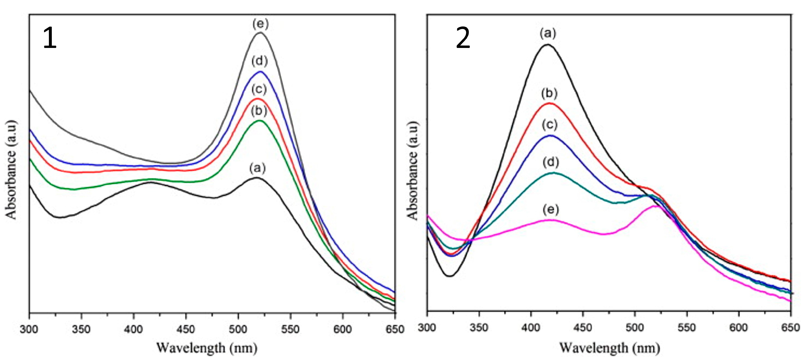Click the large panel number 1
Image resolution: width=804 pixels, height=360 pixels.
tap(50, 38)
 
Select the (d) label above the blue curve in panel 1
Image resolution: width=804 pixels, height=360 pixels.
tap(260, 61)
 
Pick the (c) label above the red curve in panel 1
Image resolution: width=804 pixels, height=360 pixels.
tap(259, 90)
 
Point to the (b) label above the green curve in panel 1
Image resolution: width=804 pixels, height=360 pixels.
tap(259, 111)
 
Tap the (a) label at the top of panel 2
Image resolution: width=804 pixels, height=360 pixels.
tap(548, 33)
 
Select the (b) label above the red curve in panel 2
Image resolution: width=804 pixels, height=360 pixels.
tap(549, 93)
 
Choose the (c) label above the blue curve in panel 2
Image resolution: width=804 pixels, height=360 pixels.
tap(549, 125)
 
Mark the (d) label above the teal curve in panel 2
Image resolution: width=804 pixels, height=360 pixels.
tap(551, 162)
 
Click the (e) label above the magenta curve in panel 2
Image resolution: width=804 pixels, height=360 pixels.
tap(551, 210)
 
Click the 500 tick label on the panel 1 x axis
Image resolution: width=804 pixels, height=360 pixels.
tap(238, 329)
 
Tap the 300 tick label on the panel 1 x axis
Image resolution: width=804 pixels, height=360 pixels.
tap(29, 329)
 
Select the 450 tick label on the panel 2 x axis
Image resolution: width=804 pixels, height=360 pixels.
tap(583, 328)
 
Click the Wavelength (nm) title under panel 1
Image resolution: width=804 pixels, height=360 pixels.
tap(207, 348)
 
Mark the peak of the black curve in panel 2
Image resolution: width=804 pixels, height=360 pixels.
tap(547, 45)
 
